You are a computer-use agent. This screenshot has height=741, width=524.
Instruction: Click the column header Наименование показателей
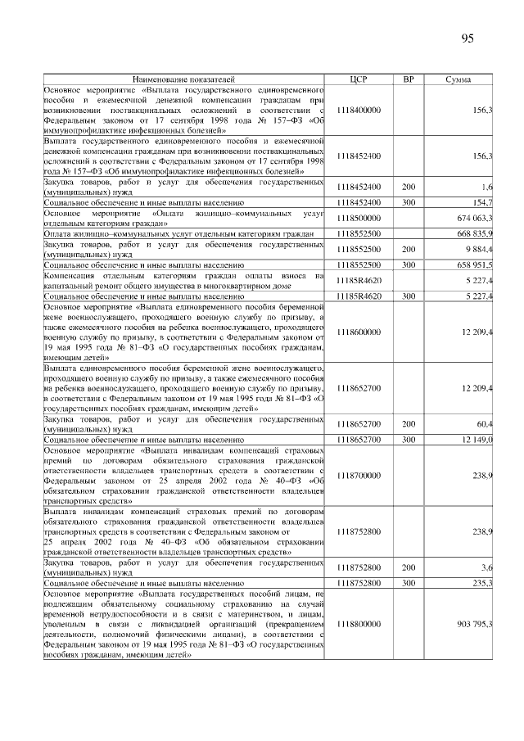point(183,79)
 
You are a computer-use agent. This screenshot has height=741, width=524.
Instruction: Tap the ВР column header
point(409,79)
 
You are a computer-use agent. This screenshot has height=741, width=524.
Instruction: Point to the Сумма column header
point(458,79)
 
